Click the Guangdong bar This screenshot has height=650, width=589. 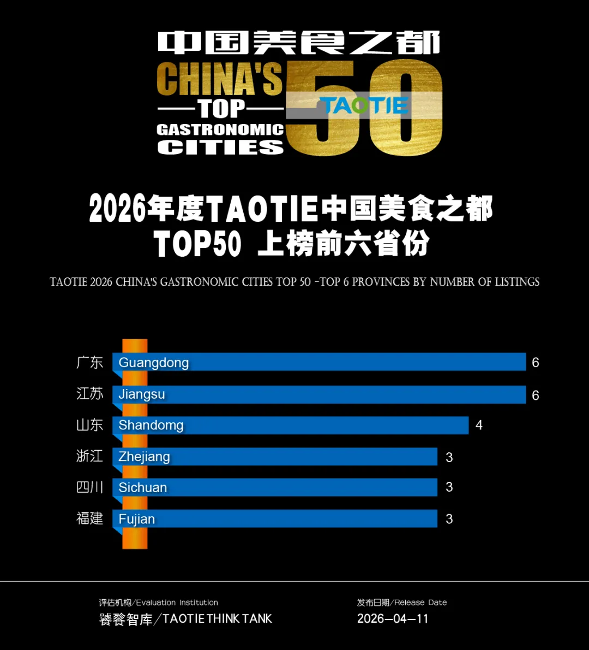pos(319,362)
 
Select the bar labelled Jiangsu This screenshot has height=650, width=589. pos(319,394)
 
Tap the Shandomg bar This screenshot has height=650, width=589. pos(291,425)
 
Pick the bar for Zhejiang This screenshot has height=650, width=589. pos(275,457)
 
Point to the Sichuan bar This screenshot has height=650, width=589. pos(275,487)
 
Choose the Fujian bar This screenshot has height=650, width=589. pos(275,519)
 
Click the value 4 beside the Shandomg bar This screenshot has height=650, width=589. pos(479,425)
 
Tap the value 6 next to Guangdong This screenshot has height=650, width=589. pos(535,363)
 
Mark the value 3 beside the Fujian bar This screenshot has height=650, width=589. pos(449,519)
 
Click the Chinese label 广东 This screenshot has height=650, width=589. pos(90,362)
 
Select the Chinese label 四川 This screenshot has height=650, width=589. pos(90,487)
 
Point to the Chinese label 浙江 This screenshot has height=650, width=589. pos(90,456)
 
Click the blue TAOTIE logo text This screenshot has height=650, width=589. pos(364,105)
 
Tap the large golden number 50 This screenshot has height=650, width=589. pos(364,108)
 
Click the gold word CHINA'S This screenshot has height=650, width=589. pos(220,79)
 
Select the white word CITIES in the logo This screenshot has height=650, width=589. pos(220,147)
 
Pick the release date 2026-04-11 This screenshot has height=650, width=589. pos(393,619)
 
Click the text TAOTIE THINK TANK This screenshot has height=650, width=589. pos(217,619)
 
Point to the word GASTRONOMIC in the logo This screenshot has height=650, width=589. pos(220,129)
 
